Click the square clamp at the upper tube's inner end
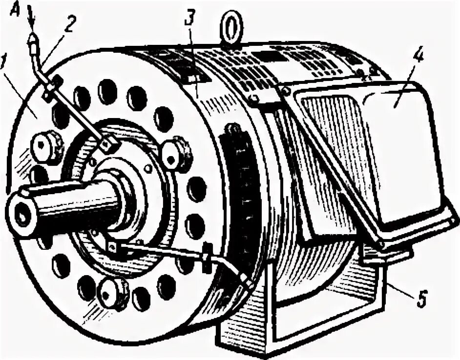pos(108,143)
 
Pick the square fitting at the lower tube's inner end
pos(112,247)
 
